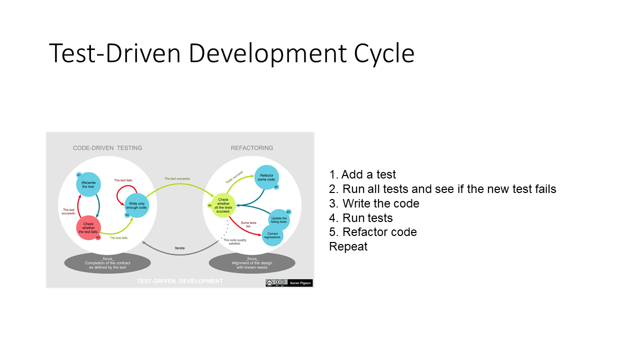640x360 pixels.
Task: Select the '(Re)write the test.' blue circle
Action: (88, 185)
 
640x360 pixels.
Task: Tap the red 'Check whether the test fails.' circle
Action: (88, 227)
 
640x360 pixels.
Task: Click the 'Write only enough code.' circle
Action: (137, 205)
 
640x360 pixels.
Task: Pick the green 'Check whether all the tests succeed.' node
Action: (223, 205)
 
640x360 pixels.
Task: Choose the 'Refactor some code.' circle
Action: (266, 177)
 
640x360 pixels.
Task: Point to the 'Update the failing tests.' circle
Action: (278, 220)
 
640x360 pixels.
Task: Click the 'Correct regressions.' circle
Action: (272, 235)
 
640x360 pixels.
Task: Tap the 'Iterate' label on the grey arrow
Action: (180, 247)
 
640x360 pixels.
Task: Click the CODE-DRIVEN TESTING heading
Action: (107, 148)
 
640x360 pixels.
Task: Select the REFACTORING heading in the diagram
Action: (252, 148)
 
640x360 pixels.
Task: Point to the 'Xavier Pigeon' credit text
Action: (300, 283)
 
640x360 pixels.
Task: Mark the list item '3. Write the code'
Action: (374, 203)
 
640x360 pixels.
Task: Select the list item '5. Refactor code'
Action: (373, 232)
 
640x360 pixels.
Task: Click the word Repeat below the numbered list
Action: (348, 246)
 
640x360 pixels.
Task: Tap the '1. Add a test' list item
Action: (362, 174)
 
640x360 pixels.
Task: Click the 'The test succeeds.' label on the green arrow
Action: (177, 178)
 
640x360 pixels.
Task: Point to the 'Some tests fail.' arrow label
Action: (248, 224)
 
